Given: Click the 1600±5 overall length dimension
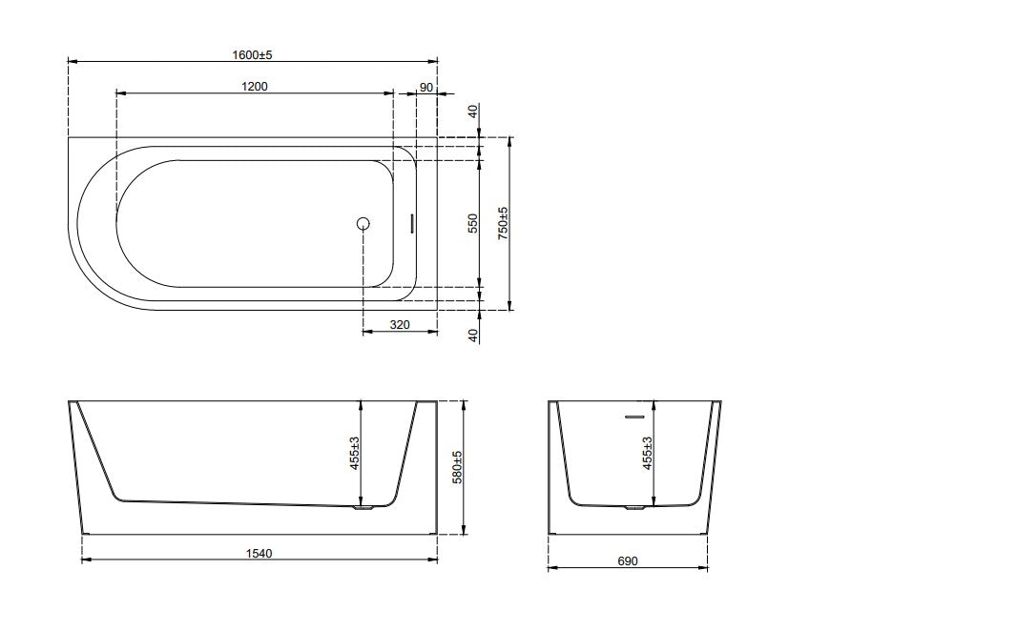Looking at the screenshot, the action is pyautogui.click(x=252, y=55).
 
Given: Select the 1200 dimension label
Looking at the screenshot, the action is pyautogui.click(x=254, y=86).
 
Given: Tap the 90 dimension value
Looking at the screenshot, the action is pyautogui.click(x=426, y=88).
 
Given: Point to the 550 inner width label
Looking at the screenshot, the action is pyautogui.click(x=473, y=223).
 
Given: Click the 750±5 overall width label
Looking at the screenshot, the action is pyautogui.click(x=503, y=223).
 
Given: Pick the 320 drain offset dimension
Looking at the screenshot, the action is pyautogui.click(x=400, y=325).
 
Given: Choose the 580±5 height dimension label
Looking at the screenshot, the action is pyautogui.click(x=457, y=467).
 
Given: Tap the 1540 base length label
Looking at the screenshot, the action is pyautogui.click(x=259, y=553).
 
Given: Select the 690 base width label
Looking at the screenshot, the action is pyautogui.click(x=627, y=561).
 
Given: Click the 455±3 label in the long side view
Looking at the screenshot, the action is pyautogui.click(x=355, y=453).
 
